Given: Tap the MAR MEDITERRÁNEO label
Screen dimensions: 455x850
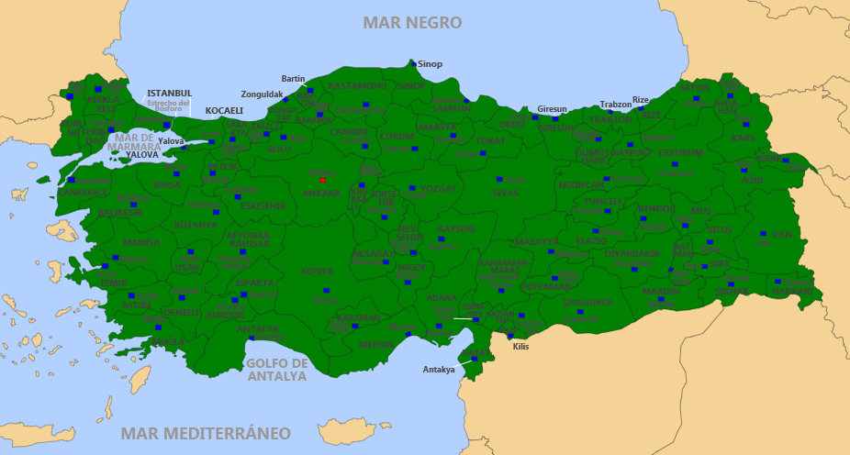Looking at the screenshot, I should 207,433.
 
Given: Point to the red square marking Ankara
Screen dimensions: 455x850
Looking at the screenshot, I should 322,180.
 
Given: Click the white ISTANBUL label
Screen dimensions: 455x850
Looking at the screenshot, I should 170,94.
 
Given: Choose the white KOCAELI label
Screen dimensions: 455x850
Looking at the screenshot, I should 224,111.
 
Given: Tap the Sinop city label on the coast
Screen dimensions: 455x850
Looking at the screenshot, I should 430,64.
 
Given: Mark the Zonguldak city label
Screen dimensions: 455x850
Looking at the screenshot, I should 262,94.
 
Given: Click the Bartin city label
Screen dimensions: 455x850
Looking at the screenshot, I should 293,79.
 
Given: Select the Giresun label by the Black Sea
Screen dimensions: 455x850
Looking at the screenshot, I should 553,108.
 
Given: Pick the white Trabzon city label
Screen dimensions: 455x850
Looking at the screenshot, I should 616,105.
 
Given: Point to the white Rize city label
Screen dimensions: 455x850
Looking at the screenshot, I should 641,99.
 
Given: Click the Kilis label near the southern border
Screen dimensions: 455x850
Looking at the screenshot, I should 520,346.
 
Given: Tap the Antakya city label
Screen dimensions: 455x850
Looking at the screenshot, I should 439,370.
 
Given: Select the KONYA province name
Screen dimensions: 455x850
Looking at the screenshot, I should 318,272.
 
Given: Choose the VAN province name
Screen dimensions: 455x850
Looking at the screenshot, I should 782,235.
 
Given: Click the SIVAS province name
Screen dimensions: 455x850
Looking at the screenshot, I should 505,194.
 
